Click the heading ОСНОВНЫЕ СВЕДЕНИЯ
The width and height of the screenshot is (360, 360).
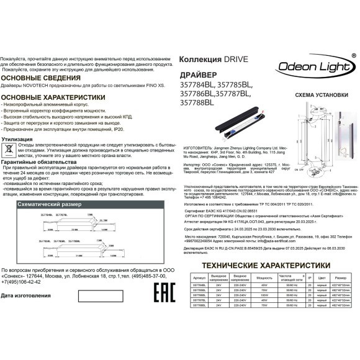coord(37,78)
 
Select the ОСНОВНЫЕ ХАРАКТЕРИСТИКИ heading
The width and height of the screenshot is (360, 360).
coord(53,98)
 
